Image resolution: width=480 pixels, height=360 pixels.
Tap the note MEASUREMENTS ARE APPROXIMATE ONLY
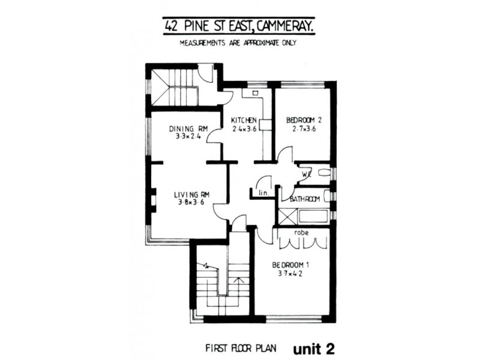[238, 43]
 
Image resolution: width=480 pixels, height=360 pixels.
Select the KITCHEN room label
[244, 120]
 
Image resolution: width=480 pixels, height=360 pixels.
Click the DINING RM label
[188, 128]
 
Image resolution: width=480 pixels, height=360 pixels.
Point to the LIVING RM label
[191, 194]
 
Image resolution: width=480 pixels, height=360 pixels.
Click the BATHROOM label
[304, 199]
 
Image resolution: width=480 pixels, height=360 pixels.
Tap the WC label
[306, 173]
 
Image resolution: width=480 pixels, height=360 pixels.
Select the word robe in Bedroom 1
[301, 232]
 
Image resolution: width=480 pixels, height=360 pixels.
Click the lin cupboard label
[262, 193]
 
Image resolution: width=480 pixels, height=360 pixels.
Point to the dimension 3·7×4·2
[290, 274]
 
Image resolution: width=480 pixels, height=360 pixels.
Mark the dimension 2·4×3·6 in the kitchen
[244, 128]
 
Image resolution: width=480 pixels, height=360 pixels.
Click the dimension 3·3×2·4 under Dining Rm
[188, 137]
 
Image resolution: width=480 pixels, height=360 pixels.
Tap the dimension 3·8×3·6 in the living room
[191, 203]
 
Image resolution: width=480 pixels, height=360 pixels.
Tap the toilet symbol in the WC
[325, 173]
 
